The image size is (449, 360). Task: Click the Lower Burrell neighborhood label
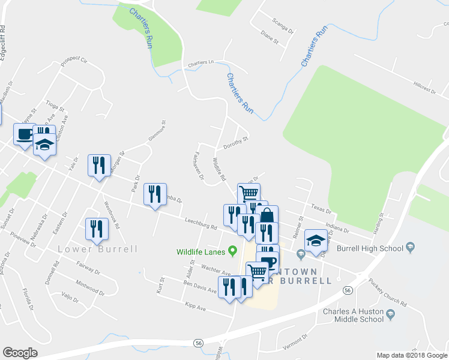click(97, 249)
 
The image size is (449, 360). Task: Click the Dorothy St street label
click(235, 142)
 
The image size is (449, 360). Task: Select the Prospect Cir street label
click(74, 61)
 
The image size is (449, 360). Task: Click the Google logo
click(20, 353)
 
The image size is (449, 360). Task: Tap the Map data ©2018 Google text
click(411, 355)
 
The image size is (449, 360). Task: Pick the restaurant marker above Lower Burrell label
click(95, 228)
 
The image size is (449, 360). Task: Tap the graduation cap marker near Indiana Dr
click(316, 239)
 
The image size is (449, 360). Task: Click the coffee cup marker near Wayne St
click(24, 134)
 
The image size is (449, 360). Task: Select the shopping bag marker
click(267, 216)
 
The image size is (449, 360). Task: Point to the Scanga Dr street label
click(282, 29)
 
